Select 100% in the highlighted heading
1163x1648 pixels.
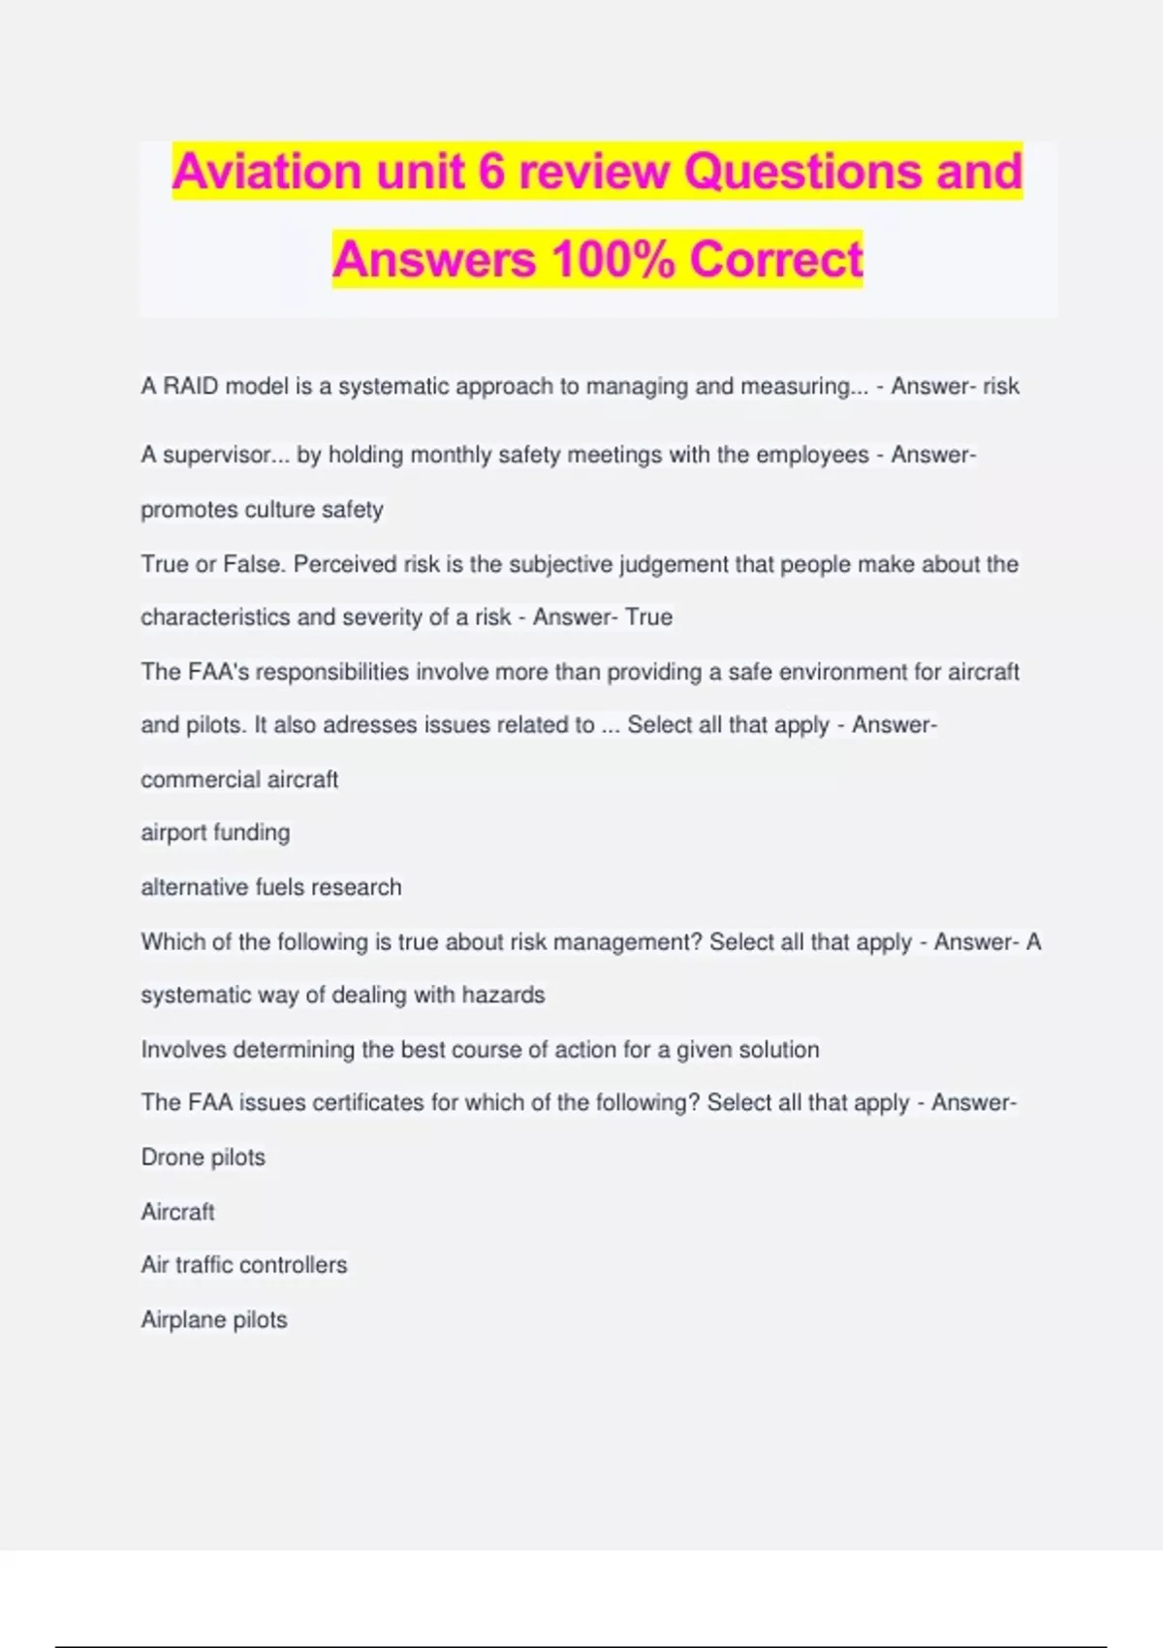click(x=613, y=260)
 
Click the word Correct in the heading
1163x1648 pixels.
click(x=776, y=260)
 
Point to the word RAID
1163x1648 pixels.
click(x=191, y=387)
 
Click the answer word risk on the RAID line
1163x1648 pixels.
click(x=1001, y=387)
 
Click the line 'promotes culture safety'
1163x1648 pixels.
click(x=262, y=510)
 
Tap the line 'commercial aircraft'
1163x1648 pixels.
click(x=239, y=779)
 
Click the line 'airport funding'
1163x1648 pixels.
click(x=215, y=833)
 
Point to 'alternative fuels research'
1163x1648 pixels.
click(x=271, y=887)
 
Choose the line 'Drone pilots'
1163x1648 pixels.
click(x=204, y=1157)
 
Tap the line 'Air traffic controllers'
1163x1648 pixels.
click(x=244, y=1265)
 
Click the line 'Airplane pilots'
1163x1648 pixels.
click(x=214, y=1319)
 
